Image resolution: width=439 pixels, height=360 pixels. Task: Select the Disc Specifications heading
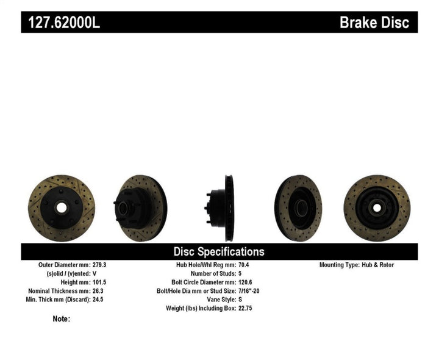[x=219, y=251]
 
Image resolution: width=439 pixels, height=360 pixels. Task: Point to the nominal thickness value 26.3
[x=98, y=291]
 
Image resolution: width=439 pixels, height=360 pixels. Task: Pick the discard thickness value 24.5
[x=98, y=300]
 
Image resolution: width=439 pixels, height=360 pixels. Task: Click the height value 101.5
[x=100, y=283]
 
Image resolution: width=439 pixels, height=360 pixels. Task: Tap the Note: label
[x=62, y=319]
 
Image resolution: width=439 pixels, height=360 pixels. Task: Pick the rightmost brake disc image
[x=376, y=207]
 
